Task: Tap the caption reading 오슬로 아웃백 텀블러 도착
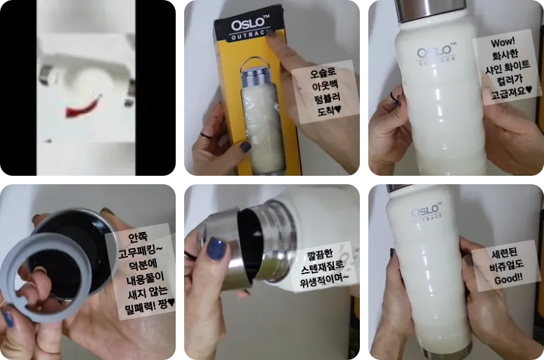(325, 91)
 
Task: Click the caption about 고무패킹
(141, 271)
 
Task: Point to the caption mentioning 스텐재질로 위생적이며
(325, 266)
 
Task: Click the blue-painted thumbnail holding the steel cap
(216, 248)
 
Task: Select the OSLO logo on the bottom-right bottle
(425, 212)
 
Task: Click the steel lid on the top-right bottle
(430, 8)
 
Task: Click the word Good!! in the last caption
(505, 278)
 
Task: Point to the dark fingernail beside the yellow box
(245, 146)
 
